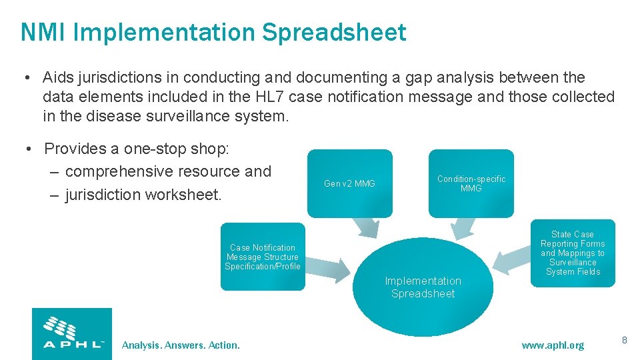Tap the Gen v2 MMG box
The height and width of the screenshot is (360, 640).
(x=349, y=183)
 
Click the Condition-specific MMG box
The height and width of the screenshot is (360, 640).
(x=471, y=183)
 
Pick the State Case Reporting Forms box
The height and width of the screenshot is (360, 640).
(x=573, y=253)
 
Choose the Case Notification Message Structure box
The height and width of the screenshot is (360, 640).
(x=262, y=257)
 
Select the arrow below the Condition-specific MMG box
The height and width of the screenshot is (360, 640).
(x=460, y=228)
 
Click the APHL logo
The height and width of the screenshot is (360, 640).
(x=72, y=333)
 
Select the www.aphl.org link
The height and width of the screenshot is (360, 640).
(x=553, y=345)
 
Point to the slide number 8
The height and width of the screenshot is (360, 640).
(x=624, y=341)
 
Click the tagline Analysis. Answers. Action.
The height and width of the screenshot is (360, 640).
(x=181, y=345)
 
